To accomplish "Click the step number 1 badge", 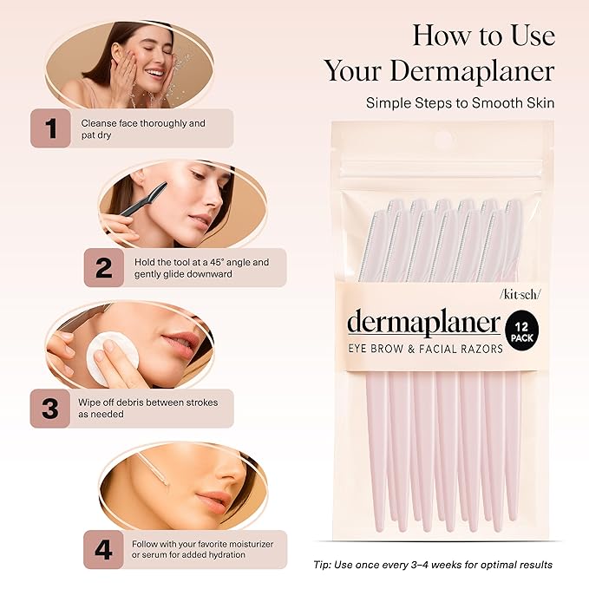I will pos(51,128).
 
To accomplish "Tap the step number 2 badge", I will pos(103,268).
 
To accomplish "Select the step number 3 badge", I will pos(49,409).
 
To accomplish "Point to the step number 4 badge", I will pos(102,549).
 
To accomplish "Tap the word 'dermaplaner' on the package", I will pos(423,323).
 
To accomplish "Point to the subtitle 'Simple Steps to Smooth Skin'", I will pos(460,102).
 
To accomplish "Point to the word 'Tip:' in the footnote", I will pos(324,566).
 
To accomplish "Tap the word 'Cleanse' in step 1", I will pos(98,123).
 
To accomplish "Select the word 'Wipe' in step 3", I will pos(92,402).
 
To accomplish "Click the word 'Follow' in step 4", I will pos(146,544).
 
